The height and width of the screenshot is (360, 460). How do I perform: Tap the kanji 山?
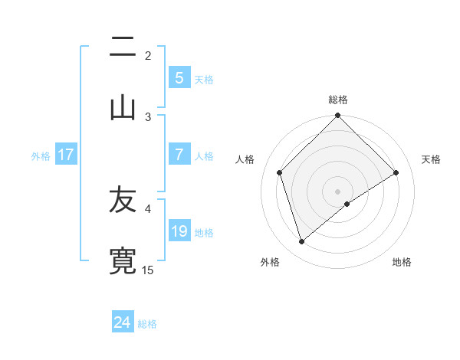(123, 108)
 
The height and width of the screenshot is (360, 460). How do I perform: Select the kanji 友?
(123, 201)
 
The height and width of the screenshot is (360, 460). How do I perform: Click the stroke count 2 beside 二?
(148, 56)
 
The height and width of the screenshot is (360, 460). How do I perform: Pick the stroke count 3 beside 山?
(148, 116)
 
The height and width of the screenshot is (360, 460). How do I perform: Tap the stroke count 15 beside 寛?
(148, 270)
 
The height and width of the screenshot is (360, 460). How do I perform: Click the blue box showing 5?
(179, 77)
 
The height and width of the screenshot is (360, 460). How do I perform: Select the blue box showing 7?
(179, 155)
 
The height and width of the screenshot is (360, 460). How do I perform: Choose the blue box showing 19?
(179, 231)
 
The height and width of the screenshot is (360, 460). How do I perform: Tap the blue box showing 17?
(66, 155)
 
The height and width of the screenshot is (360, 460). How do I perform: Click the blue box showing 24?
(123, 322)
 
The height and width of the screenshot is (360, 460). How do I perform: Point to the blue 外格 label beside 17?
(41, 155)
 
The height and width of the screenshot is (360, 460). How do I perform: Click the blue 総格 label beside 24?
(147, 324)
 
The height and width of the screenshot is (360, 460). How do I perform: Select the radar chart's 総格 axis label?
(338, 100)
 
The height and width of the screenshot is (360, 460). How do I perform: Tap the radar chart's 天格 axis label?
(432, 159)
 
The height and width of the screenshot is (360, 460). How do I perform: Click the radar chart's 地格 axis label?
(402, 263)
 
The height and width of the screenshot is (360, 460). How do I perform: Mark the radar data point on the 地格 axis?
(347, 204)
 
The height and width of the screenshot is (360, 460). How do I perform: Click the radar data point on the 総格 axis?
(337, 116)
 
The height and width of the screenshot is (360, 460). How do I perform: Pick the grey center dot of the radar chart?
(337, 191)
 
